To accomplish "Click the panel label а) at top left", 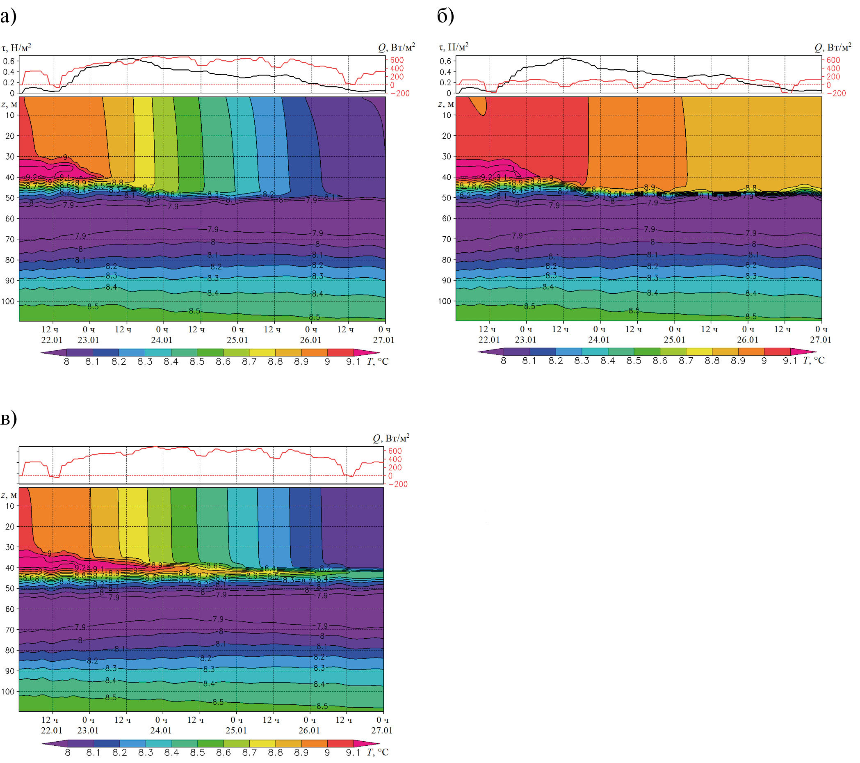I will click(9, 16).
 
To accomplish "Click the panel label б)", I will click(445, 16).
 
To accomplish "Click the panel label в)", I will click(9, 418).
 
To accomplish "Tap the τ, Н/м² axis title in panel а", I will click(17, 47).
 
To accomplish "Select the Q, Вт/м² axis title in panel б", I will click(833, 47).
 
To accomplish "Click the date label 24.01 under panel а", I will click(162, 340).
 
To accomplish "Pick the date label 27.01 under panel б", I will click(821, 340).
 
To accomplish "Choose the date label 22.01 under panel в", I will click(51, 730).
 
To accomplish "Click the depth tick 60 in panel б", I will click(447, 218).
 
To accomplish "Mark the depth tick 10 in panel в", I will click(10, 506).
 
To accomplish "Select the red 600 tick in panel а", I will click(397, 60).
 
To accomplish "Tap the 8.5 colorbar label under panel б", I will click(634, 361).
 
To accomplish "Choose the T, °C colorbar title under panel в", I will click(377, 752).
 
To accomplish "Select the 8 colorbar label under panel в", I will click(67, 752).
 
